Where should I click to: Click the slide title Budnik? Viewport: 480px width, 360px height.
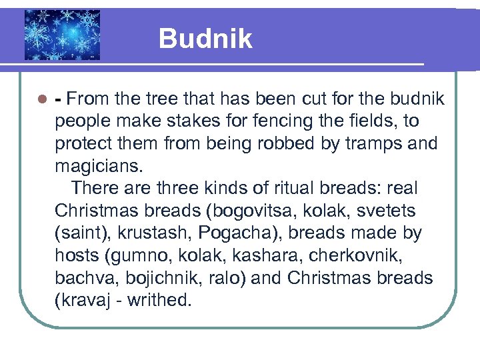tap(205, 39)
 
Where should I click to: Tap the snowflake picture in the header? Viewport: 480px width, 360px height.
tap(62, 35)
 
